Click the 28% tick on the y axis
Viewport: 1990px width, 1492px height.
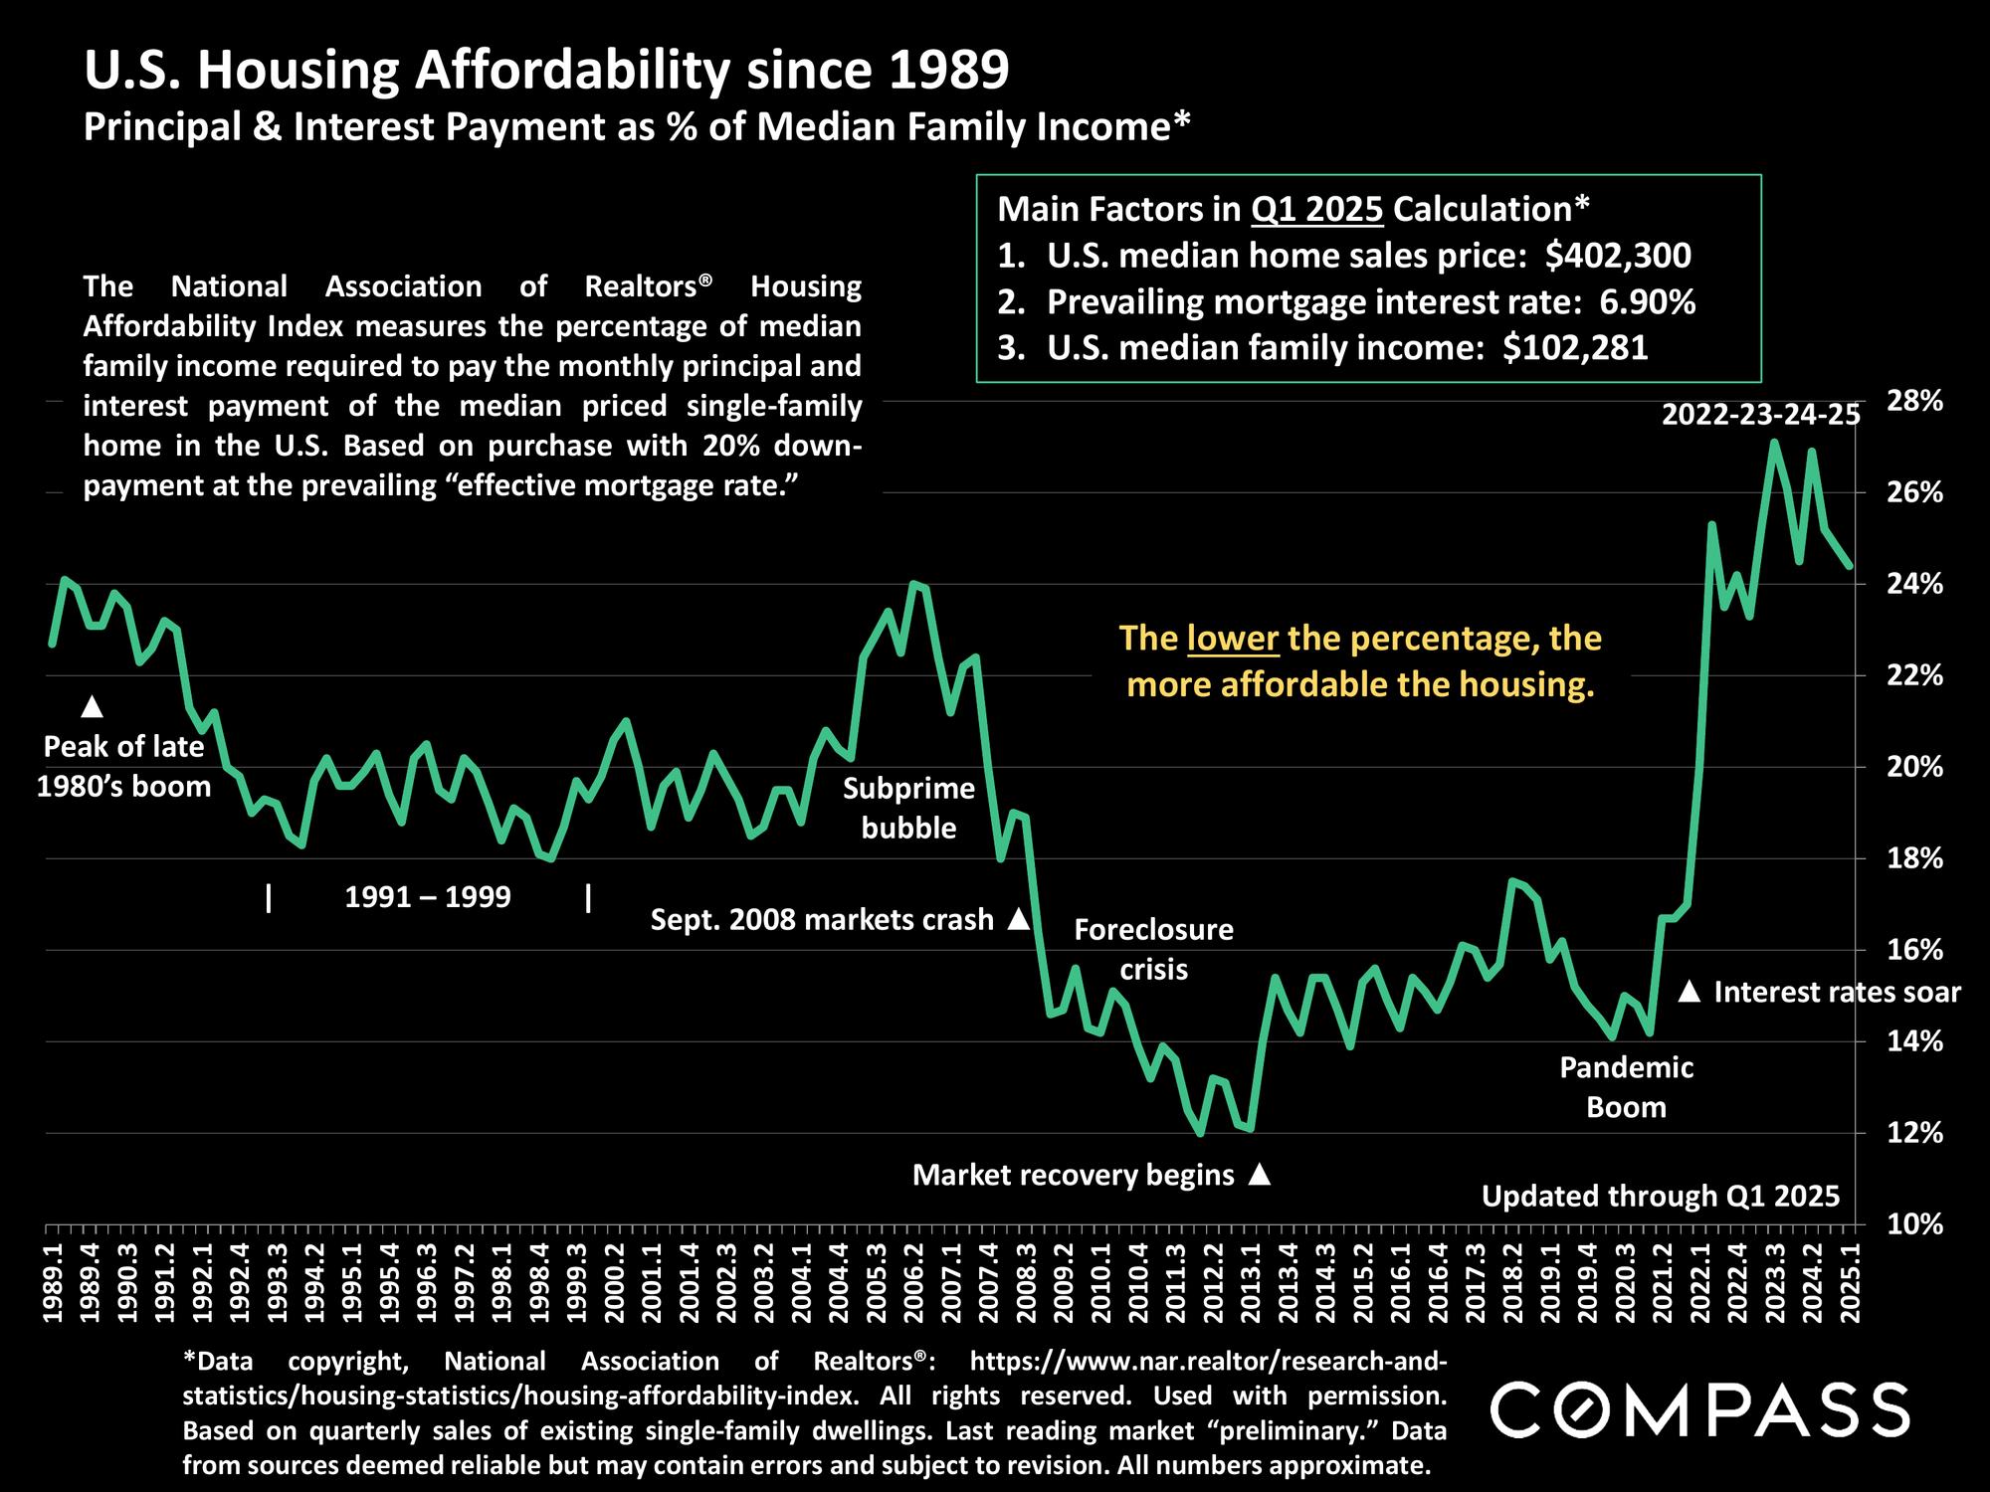point(1914,401)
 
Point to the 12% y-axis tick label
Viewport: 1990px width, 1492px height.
point(1914,1133)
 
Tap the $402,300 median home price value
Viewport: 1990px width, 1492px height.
point(1618,256)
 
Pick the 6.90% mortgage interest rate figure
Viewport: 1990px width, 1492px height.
point(1647,301)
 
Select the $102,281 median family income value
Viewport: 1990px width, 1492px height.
point(1575,347)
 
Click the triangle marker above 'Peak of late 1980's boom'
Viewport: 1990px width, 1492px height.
point(93,706)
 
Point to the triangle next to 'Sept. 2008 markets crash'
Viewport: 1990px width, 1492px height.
point(1018,919)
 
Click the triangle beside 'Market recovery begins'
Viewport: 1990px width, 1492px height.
point(1259,1175)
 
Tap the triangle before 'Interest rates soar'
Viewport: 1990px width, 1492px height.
point(1690,992)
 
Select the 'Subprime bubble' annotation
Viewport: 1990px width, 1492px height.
point(908,808)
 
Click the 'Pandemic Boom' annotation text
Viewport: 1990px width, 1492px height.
point(1626,1087)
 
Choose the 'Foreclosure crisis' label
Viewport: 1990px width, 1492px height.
point(1153,949)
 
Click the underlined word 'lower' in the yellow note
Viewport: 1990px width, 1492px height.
point(1233,638)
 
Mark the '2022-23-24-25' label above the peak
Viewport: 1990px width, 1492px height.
point(1760,415)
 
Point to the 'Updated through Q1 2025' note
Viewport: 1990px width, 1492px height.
point(1661,1196)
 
